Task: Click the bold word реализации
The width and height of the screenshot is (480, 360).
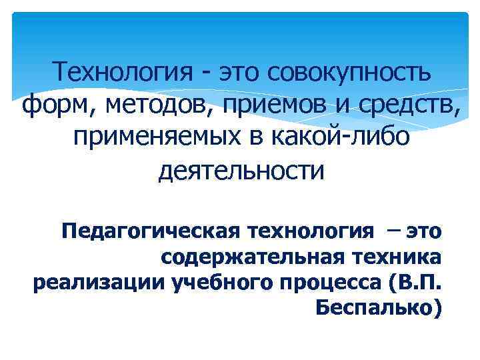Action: (98, 283)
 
